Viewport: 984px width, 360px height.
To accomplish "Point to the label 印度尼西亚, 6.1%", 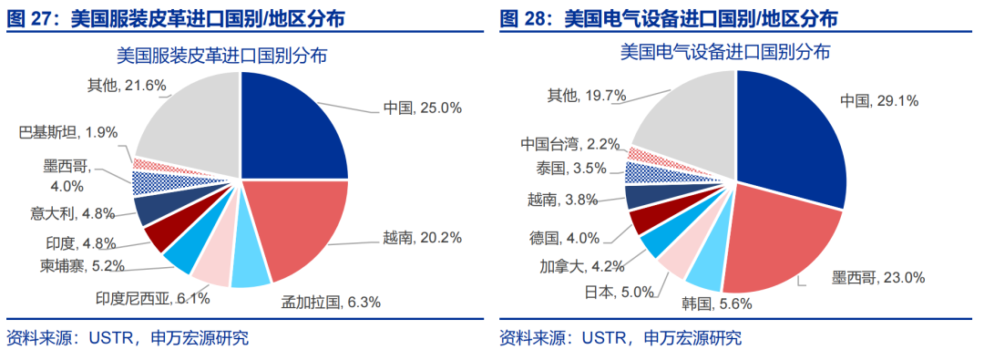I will point(153,298).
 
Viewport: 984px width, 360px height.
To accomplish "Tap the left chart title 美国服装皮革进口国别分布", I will point(222,56).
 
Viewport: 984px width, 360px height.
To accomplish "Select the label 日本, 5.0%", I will point(626,292).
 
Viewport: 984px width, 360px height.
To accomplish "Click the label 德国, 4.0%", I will point(564,239).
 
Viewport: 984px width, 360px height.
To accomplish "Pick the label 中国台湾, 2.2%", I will point(569,143).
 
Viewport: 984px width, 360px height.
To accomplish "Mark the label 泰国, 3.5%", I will point(570,169).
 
